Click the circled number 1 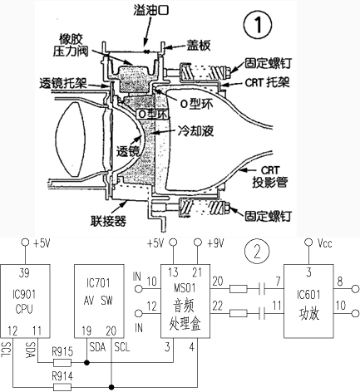click(258, 25)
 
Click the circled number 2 click(257, 252)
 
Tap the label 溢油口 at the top click(151, 10)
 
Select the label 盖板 click(198, 46)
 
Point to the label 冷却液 click(195, 130)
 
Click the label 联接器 click(109, 221)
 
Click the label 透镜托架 click(63, 83)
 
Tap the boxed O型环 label click(153, 114)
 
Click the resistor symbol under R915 click(62, 362)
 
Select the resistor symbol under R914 click(62, 387)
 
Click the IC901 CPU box click(25, 301)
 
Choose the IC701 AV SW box click(99, 301)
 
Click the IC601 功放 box click(308, 301)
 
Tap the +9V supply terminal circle click(197, 243)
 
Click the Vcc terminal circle click(308, 243)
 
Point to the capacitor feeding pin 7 click(262, 289)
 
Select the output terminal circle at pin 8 click(355, 289)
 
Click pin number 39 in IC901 click(24, 273)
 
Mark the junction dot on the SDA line click(87, 362)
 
